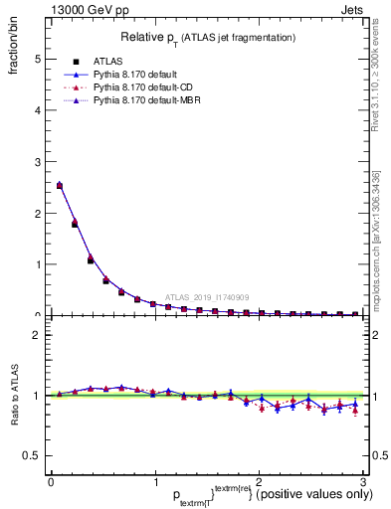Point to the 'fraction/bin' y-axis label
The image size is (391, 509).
click(x=15, y=50)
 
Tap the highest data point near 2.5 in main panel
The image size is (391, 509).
click(x=60, y=185)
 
